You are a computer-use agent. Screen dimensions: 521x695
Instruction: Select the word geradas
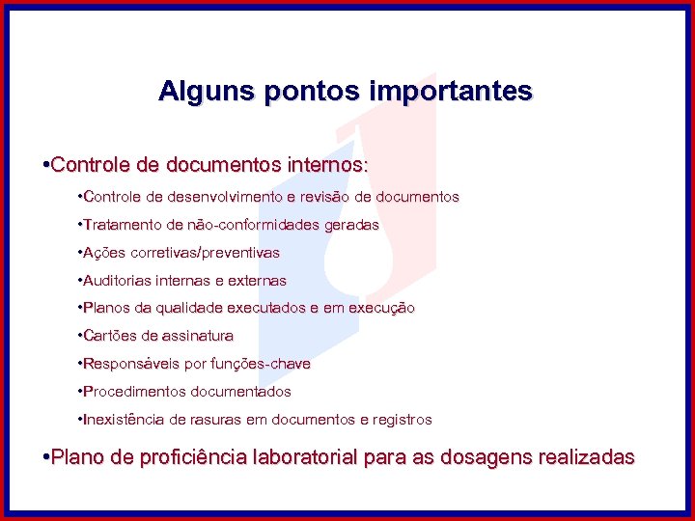355,225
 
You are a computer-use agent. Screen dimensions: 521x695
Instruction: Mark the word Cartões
110,337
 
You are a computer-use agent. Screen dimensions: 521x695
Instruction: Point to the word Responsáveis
125,365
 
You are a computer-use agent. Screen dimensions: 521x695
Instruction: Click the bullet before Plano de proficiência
47,457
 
